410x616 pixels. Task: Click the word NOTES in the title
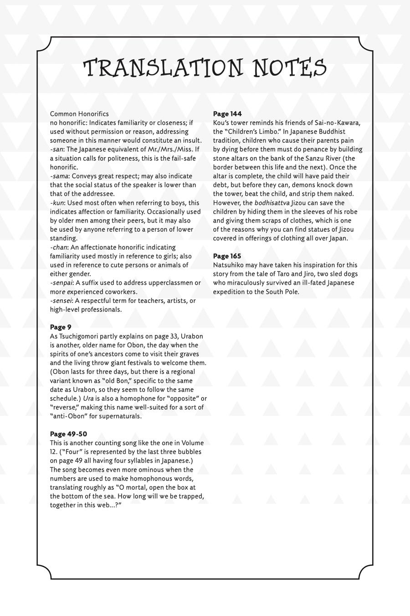pyautogui.click(x=290, y=68)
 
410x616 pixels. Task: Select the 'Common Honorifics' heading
pyautogui.click(x=79, y=114)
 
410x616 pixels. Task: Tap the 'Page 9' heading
pyautogui.click(x=61, y=327)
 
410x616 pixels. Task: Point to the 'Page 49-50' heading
pyautogui.click(x=68, y=434)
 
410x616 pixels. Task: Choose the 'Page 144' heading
pyautogui.click(x=227, y=114)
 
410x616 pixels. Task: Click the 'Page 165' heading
pyautogui.click(x=227, y=256)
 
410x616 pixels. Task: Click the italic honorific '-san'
pyautogui.click(x=56, y=149)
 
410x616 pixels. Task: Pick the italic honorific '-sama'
pyautogui.click(x=59, y=176)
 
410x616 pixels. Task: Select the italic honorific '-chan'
pyautogui.click(x=59, y=247)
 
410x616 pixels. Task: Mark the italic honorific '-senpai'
pyautogui.click(x=61, y=283)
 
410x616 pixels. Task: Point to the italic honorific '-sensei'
pyautogui.click(x=61, y=301)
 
